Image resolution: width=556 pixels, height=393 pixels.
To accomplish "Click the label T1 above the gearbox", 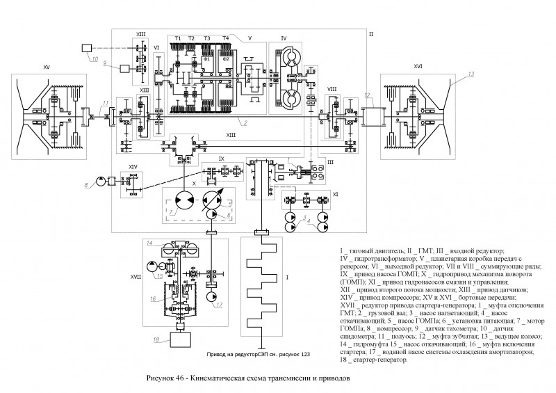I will pos(178,38).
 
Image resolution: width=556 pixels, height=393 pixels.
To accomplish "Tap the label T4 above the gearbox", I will pos(224,38).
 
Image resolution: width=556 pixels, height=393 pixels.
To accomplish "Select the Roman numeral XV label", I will pos(47,67).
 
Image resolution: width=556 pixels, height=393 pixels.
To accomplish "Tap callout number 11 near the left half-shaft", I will pos(106,103).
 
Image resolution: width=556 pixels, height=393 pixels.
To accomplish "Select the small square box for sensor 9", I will pos(126,69).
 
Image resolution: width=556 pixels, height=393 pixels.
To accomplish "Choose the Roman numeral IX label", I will pos(221,159).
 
